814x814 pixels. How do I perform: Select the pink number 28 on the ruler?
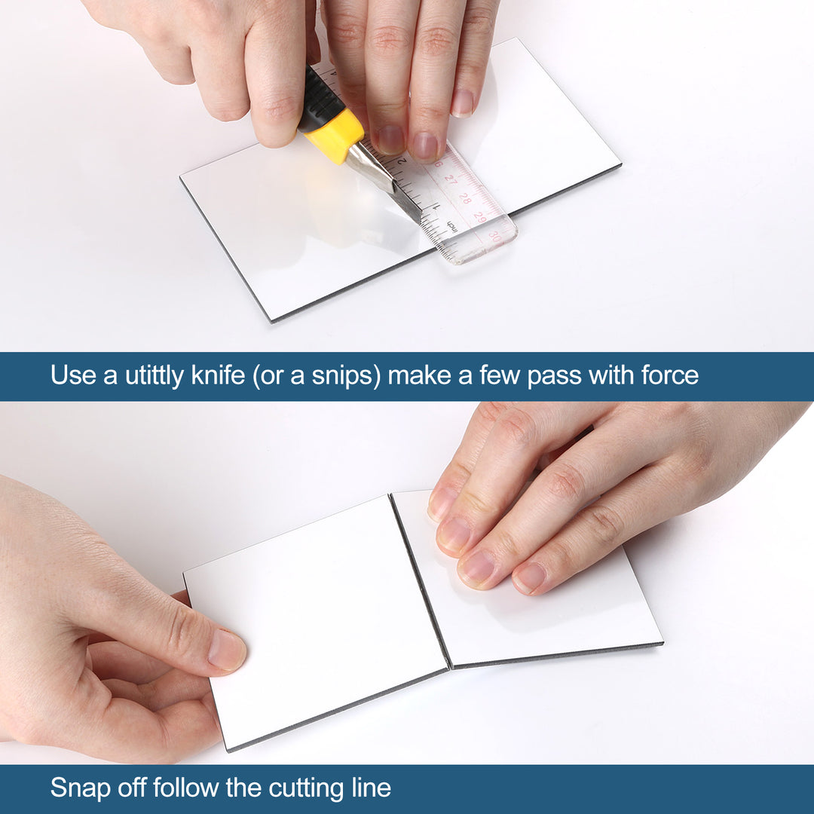(x=464, y=198)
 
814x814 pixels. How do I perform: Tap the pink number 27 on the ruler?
(x=451, y=180)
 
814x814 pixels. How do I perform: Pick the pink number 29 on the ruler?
(x=480, y=217)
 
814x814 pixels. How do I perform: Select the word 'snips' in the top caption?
(x=338, y=375)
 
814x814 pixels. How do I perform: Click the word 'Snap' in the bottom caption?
(x=81, y=788)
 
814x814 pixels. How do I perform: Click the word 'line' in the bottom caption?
(x=370, y=788)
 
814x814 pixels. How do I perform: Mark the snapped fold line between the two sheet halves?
(x=421, y=580)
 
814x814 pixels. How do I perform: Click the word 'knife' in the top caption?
(x=218, y=375)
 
